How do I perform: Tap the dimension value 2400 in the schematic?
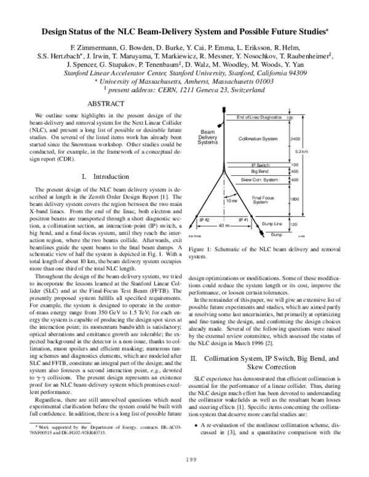coord(295,139)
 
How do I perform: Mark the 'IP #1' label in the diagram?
coord(243,219)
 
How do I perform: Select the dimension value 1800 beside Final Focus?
coord(295,199)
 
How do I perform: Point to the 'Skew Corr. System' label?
coord(260,179)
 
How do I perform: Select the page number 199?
coord(184,459)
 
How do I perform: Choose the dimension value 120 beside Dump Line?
coord(294,225)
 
